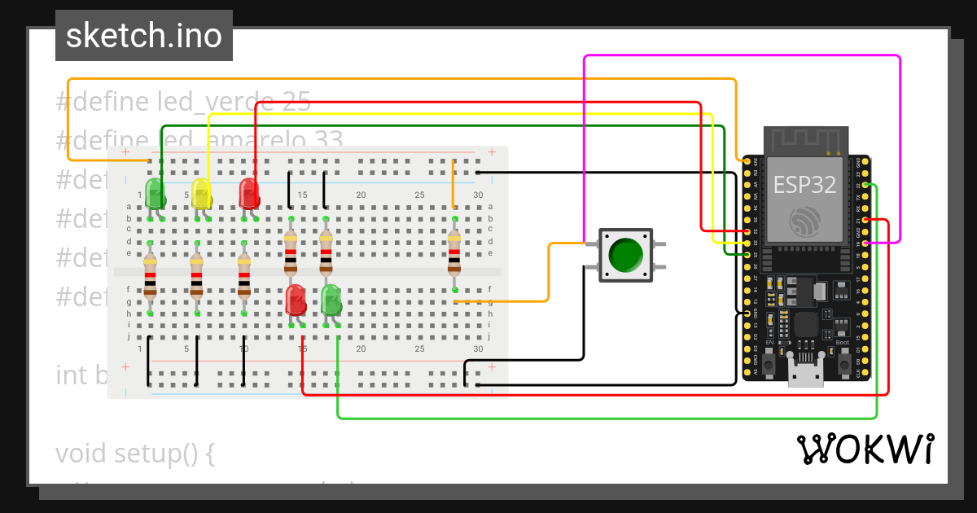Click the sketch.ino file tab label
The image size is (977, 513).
point(144,36)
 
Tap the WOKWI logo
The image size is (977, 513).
point(865,449)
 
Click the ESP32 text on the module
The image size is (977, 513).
point(804,184)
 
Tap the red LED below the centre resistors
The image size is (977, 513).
point(296,299)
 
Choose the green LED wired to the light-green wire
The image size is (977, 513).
point(331,299)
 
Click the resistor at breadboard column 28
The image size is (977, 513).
point(454,252)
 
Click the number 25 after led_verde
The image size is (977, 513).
point(297,102)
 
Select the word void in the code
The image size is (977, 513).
point(81,453)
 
